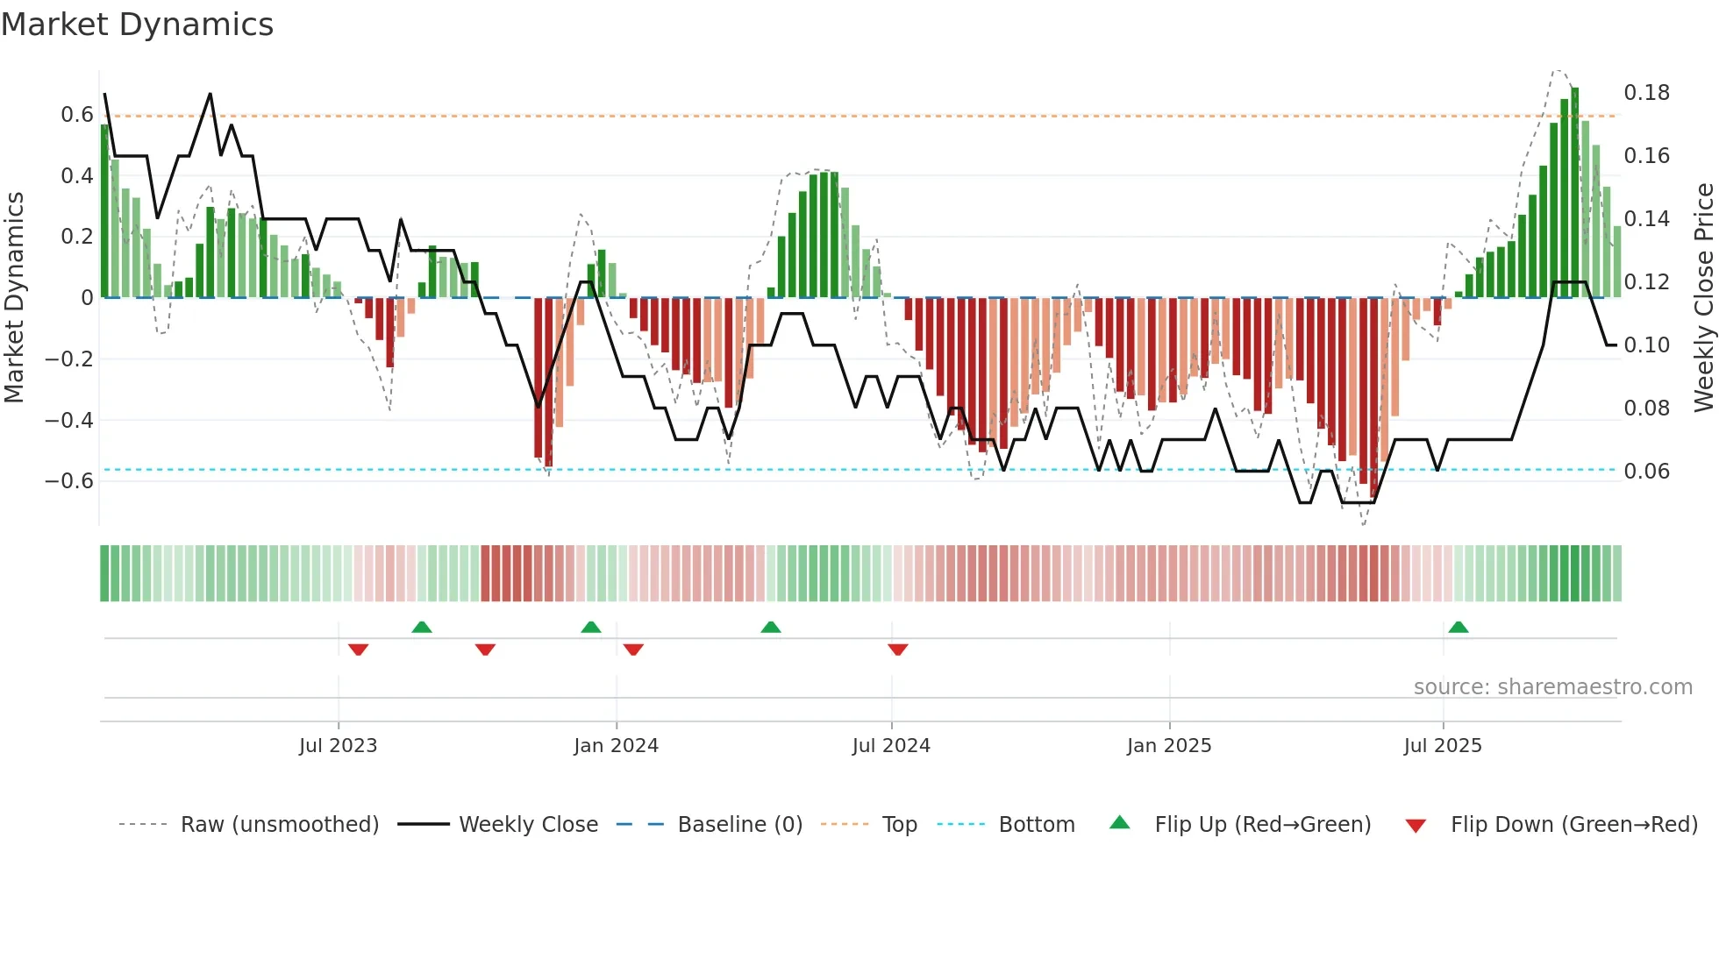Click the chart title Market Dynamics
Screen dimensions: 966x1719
pyautogui.click(x=138, y=25)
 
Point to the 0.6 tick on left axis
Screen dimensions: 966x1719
pyautogui.click(x=77, y=115)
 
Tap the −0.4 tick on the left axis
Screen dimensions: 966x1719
pyautogui.click(x=69, y=420)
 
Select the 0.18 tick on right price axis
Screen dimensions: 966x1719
pyautogui.click(x=1646, y=93)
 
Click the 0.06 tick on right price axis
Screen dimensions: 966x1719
pyautogui.click(x=1646, y=472)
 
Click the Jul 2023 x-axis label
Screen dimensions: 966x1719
pyautogui.click(x=338, y=746)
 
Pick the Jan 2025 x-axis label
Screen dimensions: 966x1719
pyautogui.click(x=1169, y=746)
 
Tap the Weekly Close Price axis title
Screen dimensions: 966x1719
pyautogui.click(x=1703, y=298)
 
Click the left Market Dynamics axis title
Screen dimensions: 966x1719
pyautogui.click(x=14, y=298)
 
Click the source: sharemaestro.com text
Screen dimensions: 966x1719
pyautogui.click(x=1552, y=687)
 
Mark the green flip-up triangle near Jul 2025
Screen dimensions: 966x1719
pyautogui.click(x=1459, y=628)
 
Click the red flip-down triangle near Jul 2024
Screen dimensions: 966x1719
pyautogui.click(x=897, y=650)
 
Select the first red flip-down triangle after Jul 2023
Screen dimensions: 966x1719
pyautogui.click(x=358, y=650)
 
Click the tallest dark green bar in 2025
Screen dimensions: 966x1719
pyautogui.click(x=1575, y=193)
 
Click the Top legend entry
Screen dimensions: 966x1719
pyautogui.click(x=899, y=825)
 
